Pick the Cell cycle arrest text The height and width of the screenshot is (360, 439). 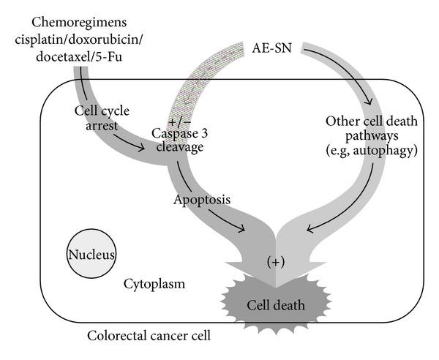[x=102, y=119]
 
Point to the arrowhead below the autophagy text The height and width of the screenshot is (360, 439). [x=311, y=229]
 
